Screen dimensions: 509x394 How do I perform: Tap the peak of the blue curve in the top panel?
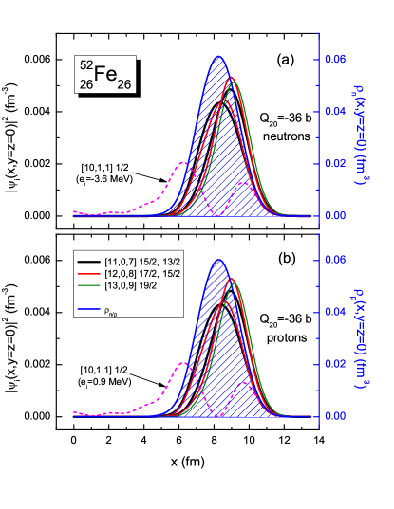pyautogui.click(x=218, y=57)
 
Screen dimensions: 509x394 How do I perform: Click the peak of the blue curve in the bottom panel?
pyautogui.click(x=218, y=260)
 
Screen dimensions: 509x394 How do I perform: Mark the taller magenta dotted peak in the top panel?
pyautogui.click(x=184, y=163)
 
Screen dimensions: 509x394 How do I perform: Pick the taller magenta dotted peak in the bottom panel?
pyautogui.click(x=184, y=363)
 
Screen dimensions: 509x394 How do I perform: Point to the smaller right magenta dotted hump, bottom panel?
pyautogui.click(x=245, y=384)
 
